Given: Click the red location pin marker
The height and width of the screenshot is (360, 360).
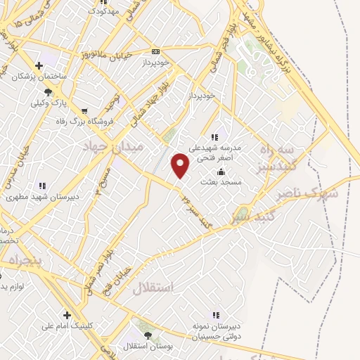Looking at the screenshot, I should point(181,165).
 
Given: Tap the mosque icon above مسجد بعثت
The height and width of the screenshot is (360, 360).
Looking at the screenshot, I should point(221,172).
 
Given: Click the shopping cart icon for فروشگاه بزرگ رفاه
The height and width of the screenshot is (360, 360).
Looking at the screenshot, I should point(85,111).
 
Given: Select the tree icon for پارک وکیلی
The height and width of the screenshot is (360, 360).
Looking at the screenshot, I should point(48,92).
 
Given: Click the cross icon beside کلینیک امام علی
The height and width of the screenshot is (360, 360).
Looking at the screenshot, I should point(67,315).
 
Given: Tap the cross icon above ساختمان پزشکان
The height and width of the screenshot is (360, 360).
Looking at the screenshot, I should point(39,66).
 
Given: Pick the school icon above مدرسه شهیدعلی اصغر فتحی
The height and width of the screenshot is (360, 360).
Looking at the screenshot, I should point(215,137).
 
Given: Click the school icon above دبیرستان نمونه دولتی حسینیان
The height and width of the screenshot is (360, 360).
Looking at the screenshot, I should point(217,315).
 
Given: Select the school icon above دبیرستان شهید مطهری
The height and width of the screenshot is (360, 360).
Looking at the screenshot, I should point(42,186).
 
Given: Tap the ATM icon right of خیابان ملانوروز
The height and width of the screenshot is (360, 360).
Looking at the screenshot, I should point(155,51).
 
